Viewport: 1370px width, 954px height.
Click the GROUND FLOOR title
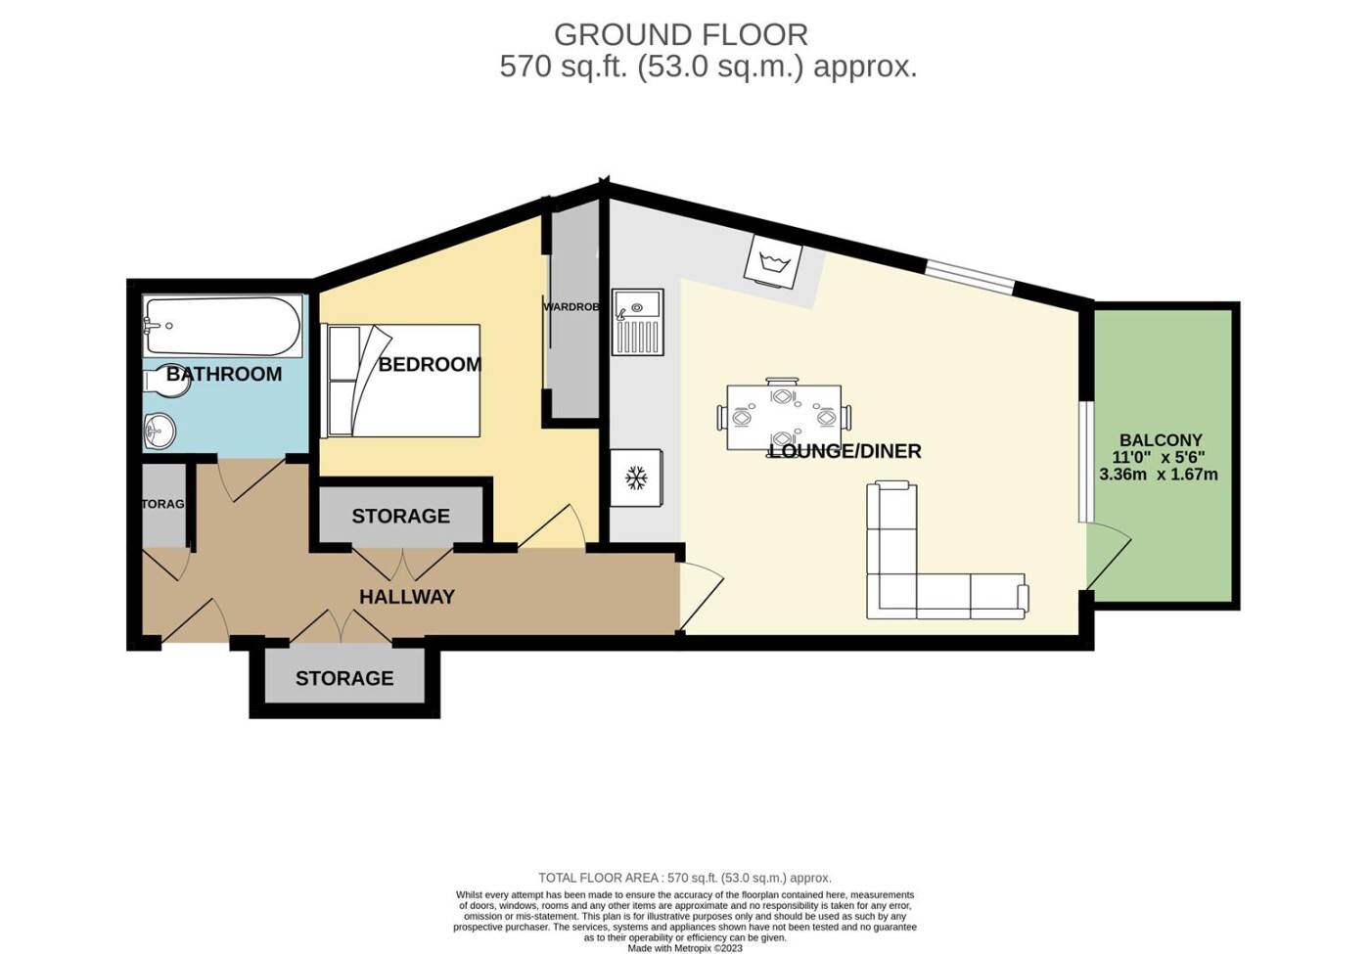(x=681, y=35)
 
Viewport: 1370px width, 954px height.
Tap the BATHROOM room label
(x=224, y=374)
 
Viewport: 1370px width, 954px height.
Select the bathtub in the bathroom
(x=223, y=326)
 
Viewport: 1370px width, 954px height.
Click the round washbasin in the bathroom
(x=160, y=430)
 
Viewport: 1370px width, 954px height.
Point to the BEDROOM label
(x=430, y=364)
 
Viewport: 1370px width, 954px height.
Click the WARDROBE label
(x=571, y=307)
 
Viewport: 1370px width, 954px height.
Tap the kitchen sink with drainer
(x=637, y=322)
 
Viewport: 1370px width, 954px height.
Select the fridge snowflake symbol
(x=637, y=478)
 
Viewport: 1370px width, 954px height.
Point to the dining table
(x=784, y=417)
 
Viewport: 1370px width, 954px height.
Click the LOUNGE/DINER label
(x=845, y=451)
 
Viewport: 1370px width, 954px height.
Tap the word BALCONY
(x=1161, y=439)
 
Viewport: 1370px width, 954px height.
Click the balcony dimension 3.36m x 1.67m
(x=1159, y=474)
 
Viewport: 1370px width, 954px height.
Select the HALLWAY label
(x=407, y=597)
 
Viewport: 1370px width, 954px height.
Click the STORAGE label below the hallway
(x=344, y=678)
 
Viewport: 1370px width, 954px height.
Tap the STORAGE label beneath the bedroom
(x=400, y=517)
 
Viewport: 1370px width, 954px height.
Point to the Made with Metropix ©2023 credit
(x=685, y=948)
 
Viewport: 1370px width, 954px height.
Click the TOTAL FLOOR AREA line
(x=685, y=879)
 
